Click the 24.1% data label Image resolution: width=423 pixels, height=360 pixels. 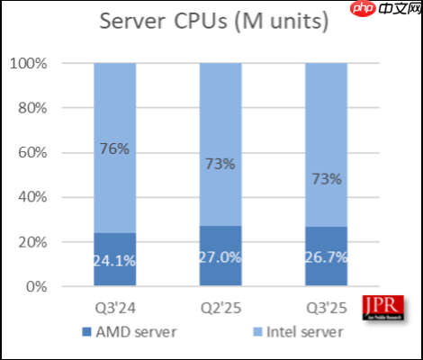(x=114, y=261)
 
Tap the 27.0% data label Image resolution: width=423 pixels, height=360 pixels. (x=220, y=256)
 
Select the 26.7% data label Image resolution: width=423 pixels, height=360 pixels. (x=326, y=256)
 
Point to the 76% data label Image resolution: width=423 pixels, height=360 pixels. (x=114, y=148)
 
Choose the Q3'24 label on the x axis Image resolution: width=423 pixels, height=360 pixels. (x=114, y=306)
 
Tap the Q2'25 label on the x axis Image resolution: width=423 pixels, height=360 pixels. (x=220, y=306)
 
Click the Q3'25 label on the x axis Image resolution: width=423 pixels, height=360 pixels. (x=326, y=306)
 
